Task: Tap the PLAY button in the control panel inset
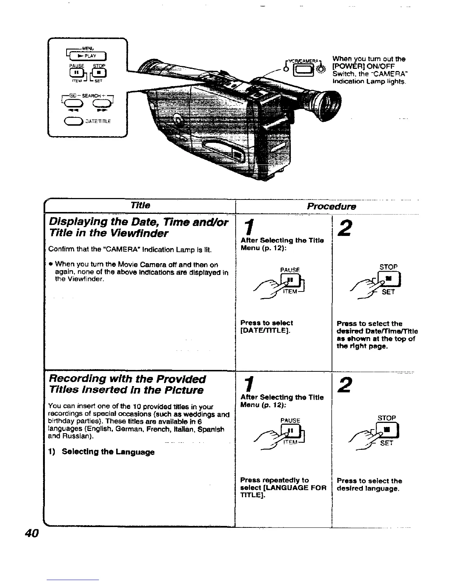click(88, 56)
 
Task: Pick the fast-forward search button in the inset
click(100, 103)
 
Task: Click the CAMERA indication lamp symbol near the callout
click(322, 70)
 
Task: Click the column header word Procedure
click(331, 206)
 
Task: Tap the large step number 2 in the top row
click(344, 229)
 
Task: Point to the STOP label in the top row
click(388, 267)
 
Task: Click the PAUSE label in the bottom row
click(290, 420)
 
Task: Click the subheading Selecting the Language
click(108, 452)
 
